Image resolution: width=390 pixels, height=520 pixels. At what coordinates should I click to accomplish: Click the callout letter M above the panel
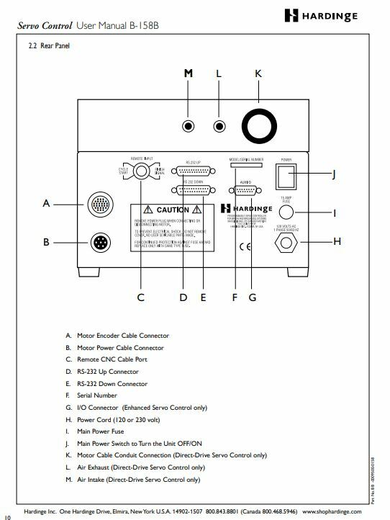pyautogui.click(x=189, y=74)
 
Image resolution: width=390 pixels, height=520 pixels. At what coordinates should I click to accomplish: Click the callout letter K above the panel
pyautogui.click(x=258, y=74)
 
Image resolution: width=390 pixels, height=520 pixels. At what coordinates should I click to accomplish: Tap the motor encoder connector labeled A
pyautogui.click(x=99, y=205)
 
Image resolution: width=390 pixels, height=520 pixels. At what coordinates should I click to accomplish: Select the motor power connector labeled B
pyautogui.click(x=99, y=242)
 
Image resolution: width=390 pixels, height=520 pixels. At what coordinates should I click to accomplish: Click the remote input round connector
pyautogui.click(x=142, y=171)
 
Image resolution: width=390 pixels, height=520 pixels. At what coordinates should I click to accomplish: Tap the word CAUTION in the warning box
pyautogui.click(x=173, y=210)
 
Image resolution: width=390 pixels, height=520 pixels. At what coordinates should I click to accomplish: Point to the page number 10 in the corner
pyautogui.click(x=7, y=516)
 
